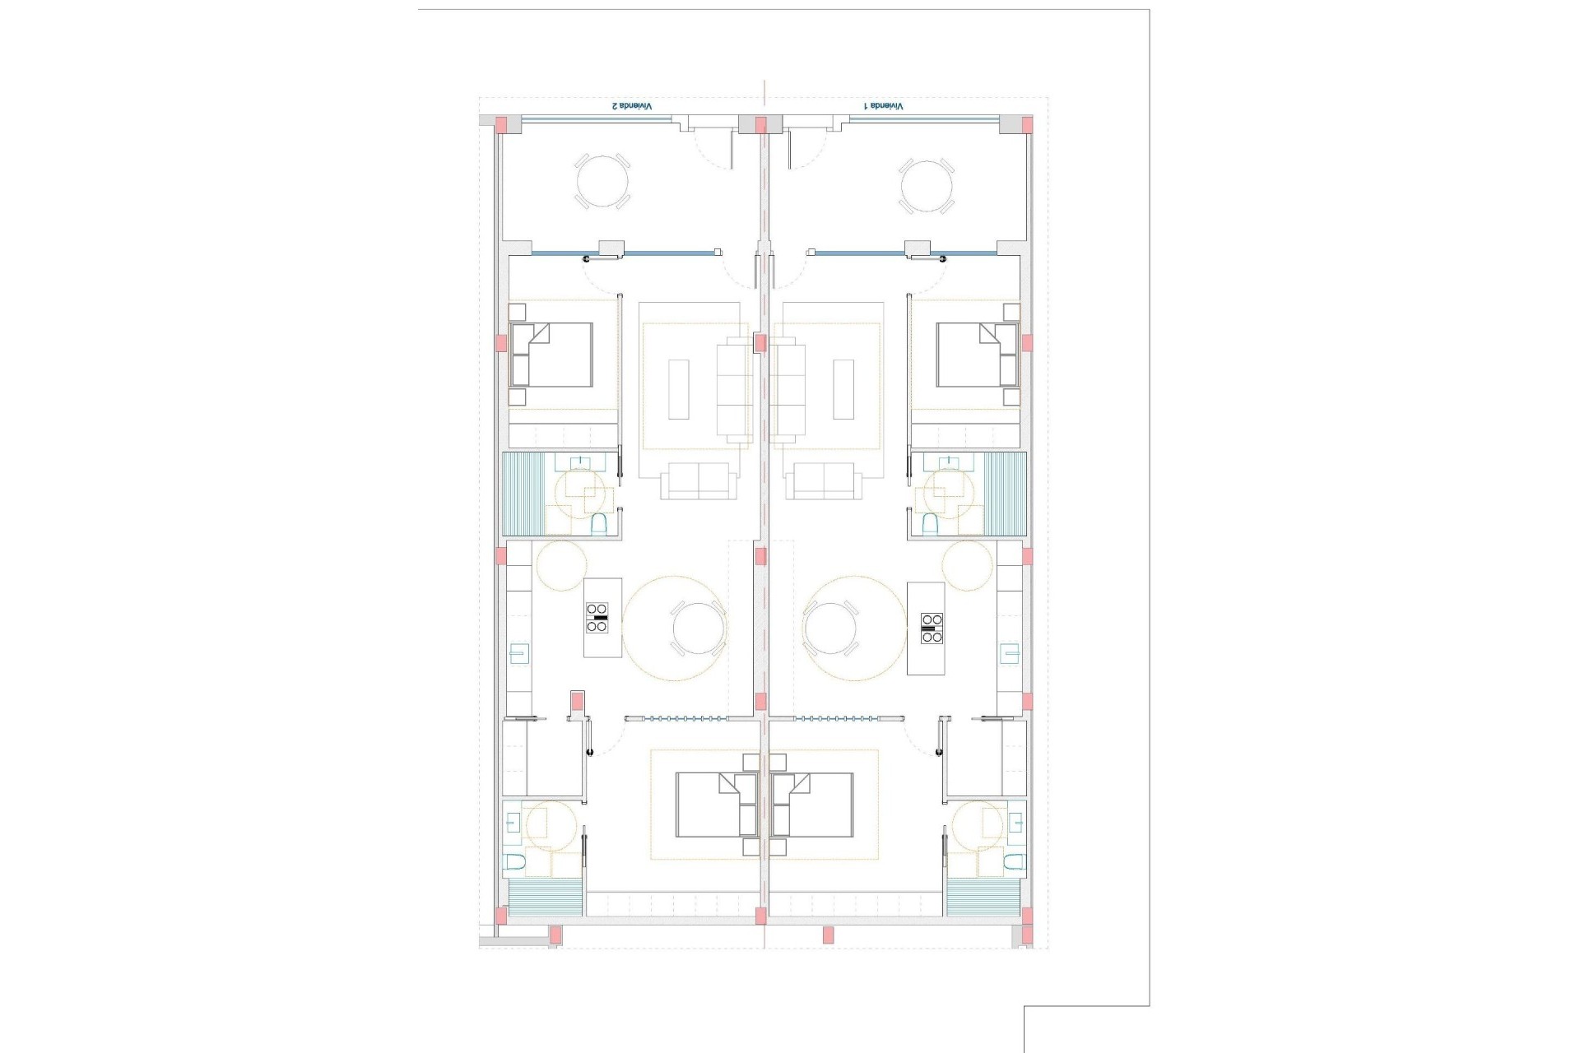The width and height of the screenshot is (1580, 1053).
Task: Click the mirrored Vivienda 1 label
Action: click(883, 106)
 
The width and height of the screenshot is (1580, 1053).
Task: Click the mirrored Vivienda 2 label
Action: click(631, 106)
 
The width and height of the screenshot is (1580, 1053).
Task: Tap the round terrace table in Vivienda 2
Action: click(602, 183)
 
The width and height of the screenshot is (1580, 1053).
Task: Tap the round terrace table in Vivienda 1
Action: click(927, 183)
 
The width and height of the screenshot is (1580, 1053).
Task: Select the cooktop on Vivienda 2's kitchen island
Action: click(597, 617)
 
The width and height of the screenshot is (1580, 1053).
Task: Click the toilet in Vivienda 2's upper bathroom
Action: click(599, 524)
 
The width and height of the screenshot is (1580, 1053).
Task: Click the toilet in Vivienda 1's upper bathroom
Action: click(930, 524)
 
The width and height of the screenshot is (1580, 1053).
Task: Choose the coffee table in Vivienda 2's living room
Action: click(678, 389)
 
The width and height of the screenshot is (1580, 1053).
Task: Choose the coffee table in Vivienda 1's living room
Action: click(843, 389)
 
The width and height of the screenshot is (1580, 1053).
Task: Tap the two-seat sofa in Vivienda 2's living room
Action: click(699, 481)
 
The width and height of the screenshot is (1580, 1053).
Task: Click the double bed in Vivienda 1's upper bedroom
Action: click(978, 355)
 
